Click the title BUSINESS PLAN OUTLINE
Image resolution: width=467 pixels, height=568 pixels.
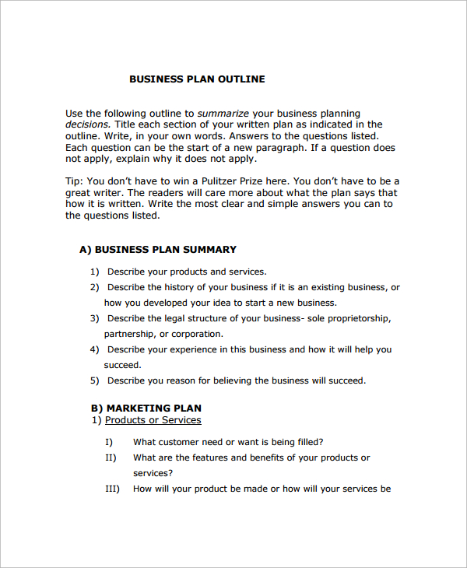197,79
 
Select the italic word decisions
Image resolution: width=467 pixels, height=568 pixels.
88,124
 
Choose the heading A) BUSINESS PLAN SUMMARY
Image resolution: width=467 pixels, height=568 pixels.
158,250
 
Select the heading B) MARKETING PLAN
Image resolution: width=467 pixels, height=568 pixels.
146,408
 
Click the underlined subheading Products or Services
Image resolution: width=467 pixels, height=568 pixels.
153,420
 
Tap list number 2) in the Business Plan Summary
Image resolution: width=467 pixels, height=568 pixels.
94,287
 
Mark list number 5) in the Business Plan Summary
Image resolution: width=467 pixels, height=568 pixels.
94,380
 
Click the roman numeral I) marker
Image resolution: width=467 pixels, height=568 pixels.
109,442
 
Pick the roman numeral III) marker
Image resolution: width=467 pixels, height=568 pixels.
111,489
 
